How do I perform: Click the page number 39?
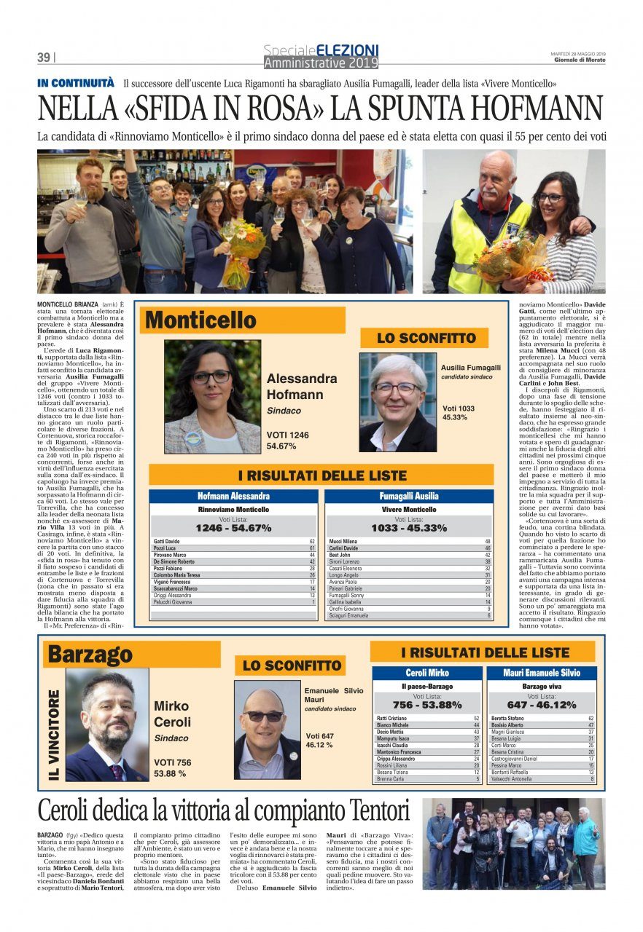tap(44, 58)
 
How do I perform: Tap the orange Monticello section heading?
tap(202, 320)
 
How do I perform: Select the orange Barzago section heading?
tap(91, 654)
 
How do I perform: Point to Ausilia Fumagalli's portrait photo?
tap(398, 403)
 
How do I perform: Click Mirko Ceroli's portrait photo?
tap(107, 725)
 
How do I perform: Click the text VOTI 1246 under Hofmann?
tap(288, 435)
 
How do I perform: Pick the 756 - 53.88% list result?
tap(426, 705)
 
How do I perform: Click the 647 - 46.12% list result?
tap(541, 705)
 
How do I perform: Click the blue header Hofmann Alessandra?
tap(233, 496)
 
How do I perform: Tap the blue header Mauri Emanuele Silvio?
tap(541, 674)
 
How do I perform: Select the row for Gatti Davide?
tap(233, 542)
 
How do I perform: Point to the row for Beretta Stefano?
tap(541, 719)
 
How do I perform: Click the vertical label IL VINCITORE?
tap(54, 736)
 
